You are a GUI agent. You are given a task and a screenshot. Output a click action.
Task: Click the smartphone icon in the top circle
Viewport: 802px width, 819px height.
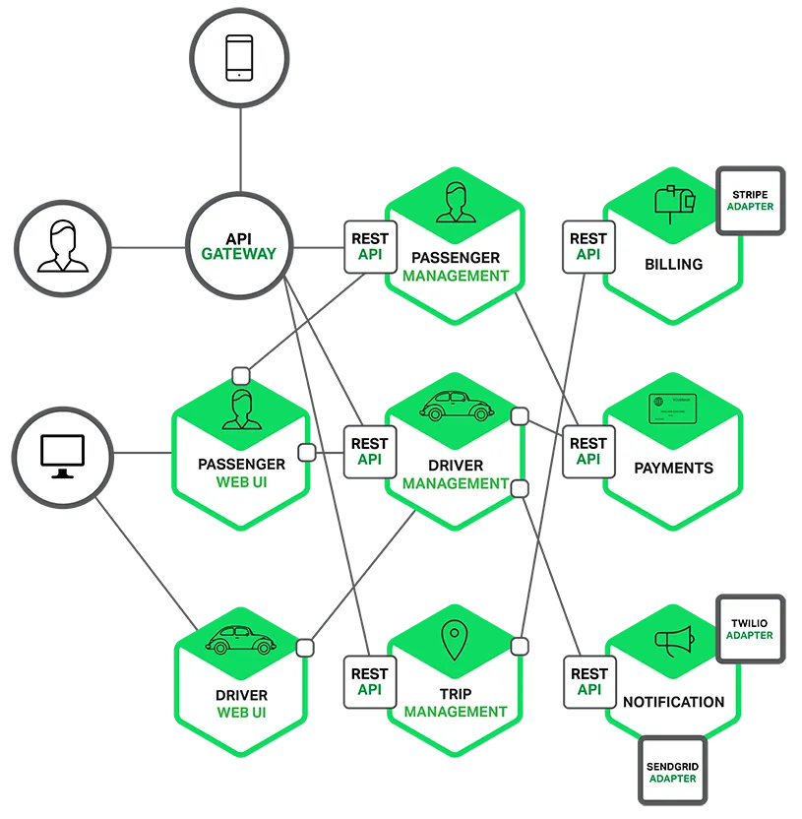point(239,58)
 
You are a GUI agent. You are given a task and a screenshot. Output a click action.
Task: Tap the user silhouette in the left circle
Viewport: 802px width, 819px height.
point(62,247)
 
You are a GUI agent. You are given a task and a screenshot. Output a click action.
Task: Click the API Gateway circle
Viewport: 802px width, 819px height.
point(239,246)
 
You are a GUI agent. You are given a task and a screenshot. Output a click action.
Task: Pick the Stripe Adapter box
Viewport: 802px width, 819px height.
point(750,201)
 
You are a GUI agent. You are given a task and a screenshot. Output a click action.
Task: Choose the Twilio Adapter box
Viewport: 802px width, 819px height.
point(750,629)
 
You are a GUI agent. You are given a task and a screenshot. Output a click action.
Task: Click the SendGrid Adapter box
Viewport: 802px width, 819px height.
point(672,771)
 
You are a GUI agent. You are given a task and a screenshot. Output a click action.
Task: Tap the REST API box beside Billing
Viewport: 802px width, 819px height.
point(587,246)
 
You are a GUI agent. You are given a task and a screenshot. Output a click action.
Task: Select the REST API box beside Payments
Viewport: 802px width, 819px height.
point(587,452)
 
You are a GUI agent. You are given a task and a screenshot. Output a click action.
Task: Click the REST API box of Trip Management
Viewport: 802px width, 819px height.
point(369,682)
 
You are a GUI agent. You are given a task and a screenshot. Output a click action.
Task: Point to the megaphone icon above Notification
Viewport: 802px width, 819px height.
point(674,641)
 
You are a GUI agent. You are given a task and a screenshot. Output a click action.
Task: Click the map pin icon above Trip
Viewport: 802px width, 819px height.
point(454,641)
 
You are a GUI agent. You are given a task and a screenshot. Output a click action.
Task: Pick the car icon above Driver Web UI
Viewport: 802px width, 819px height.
point(240,640)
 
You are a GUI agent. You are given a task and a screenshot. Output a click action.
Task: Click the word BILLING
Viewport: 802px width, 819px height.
point(673,264)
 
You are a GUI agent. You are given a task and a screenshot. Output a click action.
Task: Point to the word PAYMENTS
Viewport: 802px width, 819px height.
point(673,468)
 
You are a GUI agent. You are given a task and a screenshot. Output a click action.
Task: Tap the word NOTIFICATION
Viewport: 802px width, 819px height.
point(673,702)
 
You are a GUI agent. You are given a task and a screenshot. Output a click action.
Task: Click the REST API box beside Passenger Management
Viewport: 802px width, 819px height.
point(369,246)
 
